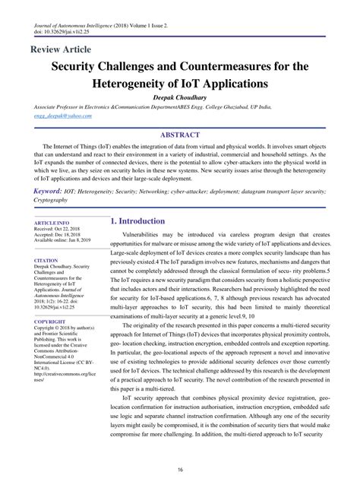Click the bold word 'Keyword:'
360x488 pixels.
point(47,192)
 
